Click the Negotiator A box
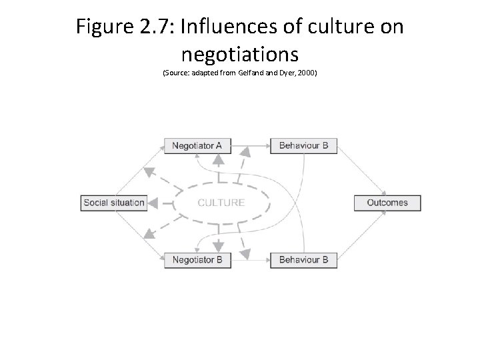click(197, 145)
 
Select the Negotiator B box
click(197, 259)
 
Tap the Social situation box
click(114, 203)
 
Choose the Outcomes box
click(387, 203)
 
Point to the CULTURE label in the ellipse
click(221, 203)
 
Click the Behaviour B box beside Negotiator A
click(303, 145)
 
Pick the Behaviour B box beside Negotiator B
click(303, 259)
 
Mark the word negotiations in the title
click(239, 54)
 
